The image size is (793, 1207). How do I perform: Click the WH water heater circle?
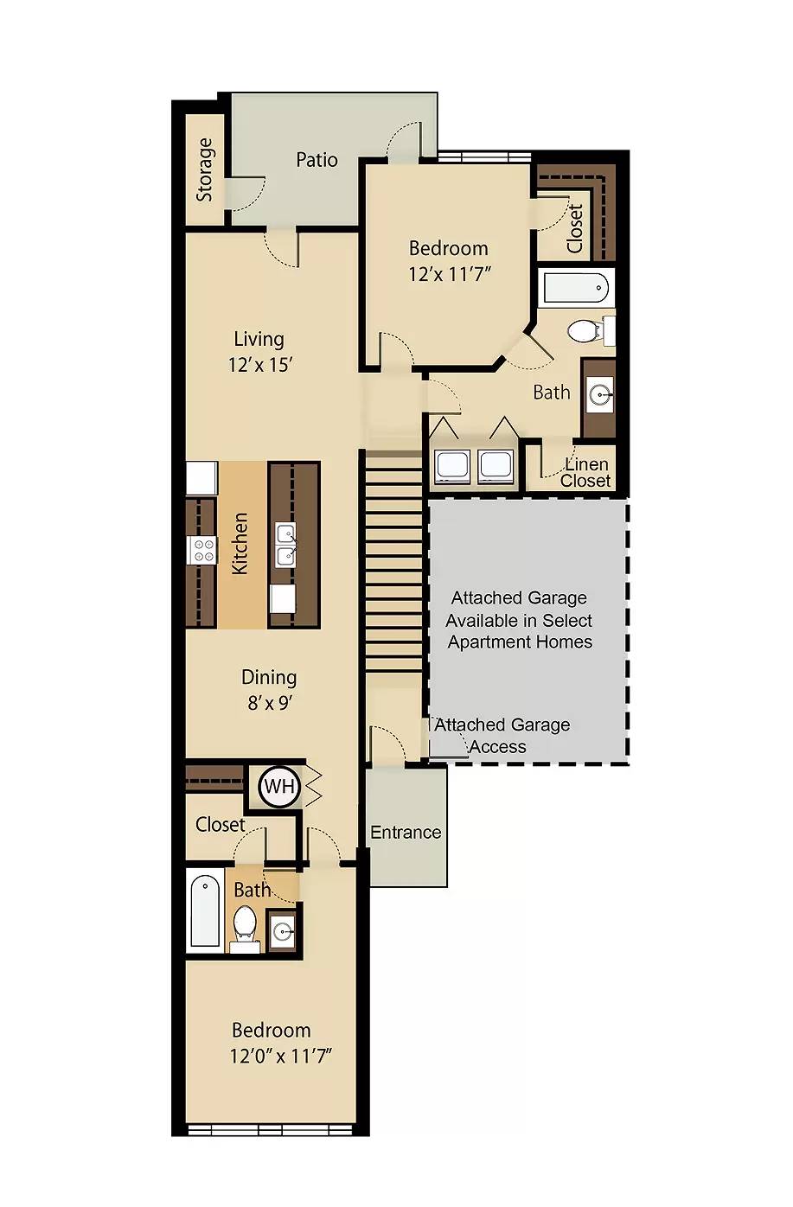278,786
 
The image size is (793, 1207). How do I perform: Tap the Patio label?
317,159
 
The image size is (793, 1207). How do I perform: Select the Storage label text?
204,169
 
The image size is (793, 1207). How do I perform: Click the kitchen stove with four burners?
202,550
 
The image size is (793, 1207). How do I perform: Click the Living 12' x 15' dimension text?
259,365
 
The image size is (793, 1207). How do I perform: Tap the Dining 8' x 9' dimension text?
270,703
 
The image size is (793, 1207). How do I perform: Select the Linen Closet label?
585,472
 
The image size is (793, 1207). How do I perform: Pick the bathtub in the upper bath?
576,287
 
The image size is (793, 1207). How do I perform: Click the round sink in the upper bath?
599,395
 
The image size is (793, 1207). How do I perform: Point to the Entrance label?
406,832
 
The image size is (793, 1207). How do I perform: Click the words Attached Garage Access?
502,736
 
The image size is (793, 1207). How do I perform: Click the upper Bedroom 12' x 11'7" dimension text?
450,274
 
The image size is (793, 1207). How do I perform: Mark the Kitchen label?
240,543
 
